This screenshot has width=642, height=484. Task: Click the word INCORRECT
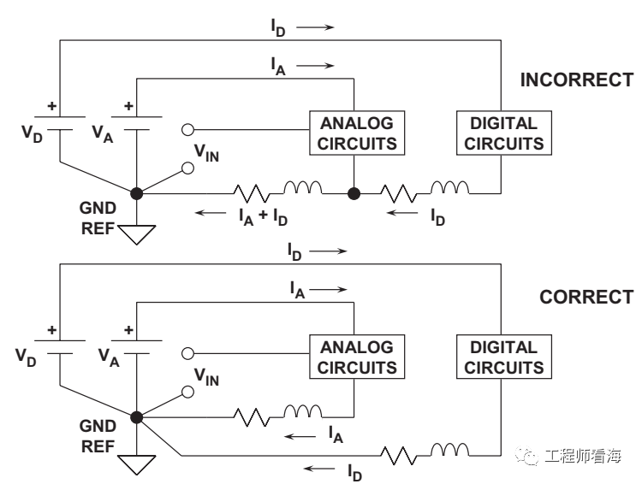pyautogui.click(x=576, y=81)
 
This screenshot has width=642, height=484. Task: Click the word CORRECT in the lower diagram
pyautogui.click(x=586, y=298)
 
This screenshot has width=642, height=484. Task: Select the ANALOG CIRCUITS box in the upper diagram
pyautogui.click(x=357, y=133)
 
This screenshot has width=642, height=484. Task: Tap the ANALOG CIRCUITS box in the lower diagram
pyautogui.click(x=357, y=358)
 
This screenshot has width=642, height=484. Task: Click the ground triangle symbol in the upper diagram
pyautogui.click(x=136, y=233)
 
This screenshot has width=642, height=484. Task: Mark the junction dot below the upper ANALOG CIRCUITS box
pyautogui.click(x=353, y=194)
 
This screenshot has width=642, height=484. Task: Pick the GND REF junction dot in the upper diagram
pyautogui.click(x=136, y=194)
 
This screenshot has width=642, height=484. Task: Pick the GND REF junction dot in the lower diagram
pyautogui.click(x=136, y=417)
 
